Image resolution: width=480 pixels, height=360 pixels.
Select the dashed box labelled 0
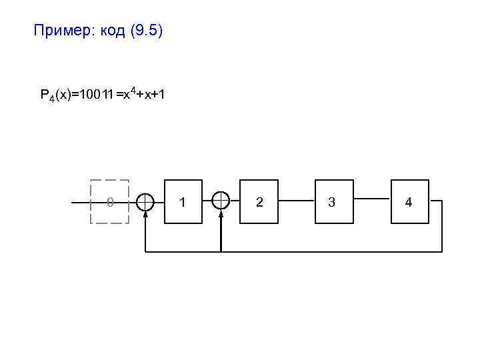tap(109, 201)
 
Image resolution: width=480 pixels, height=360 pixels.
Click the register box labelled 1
tap(183, 201)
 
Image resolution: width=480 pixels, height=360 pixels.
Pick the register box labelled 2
tap(259, 201)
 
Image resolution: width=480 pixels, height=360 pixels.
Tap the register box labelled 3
tap(332, 201)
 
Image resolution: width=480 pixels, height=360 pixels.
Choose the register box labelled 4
tap(409, 201)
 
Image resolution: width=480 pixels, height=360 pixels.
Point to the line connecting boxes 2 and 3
tap(296, 200)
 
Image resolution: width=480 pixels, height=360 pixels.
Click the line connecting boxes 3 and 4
tap(371, 199)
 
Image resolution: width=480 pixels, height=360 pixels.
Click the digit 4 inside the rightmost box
tap(409, 201)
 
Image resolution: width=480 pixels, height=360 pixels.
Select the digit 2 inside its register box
tap(259, 201)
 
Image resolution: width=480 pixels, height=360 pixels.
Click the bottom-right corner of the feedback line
tap(441, 251)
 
